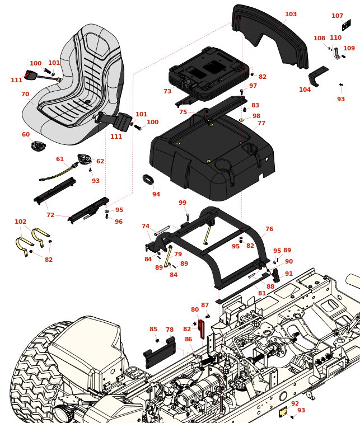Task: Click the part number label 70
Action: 25,95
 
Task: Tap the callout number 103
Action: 291,15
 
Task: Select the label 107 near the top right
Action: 337,16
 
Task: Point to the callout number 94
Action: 156,195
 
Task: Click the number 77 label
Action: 261,124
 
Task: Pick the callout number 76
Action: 269,229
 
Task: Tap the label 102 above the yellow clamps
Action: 21,222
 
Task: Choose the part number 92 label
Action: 295,403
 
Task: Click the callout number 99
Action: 183,203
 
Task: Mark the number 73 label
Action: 167,92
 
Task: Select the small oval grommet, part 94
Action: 148,180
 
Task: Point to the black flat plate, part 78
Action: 160,356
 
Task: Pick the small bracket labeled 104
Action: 317,74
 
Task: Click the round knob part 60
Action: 39,147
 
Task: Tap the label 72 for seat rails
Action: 50,215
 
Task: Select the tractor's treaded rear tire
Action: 34,375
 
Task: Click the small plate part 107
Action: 347,25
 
